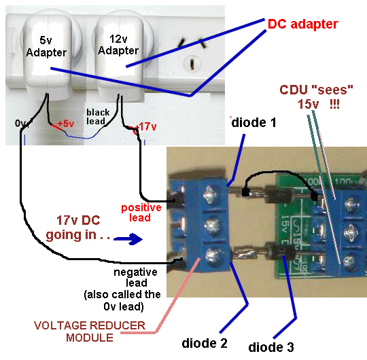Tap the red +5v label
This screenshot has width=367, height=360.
click(66, 124)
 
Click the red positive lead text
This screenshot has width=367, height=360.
click(140, 212)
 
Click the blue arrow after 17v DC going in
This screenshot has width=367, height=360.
click(129, 239)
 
